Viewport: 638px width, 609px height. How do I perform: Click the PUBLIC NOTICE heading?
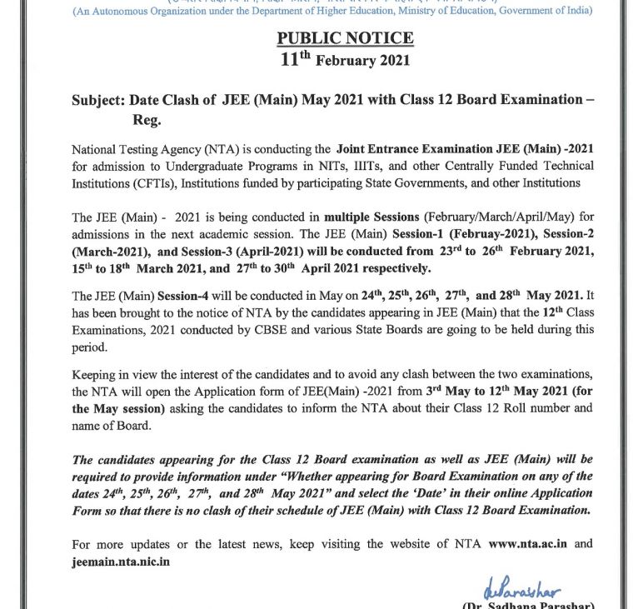[x=344, y=39]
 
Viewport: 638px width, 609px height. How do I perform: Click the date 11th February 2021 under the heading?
[x=345, y=60]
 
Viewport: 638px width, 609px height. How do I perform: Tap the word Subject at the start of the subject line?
[x=98, y=100]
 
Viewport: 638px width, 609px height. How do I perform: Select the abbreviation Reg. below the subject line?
[x=147, y=120]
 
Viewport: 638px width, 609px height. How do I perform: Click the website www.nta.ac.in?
[x=528, y=545]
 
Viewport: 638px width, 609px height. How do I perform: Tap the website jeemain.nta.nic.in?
[x=121, y=562]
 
